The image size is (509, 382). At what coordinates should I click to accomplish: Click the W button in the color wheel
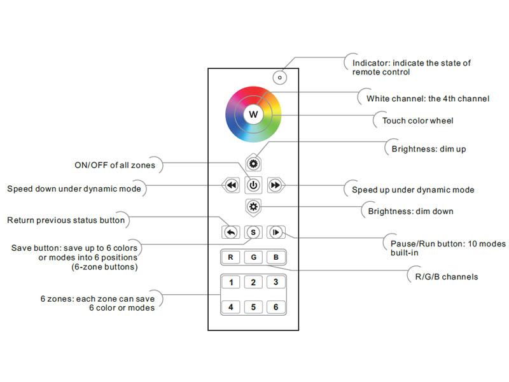253,115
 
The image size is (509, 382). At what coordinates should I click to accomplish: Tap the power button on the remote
253,185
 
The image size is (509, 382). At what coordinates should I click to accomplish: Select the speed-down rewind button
230,185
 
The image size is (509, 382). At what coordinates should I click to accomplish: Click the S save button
253,232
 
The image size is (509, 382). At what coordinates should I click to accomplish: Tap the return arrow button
230,232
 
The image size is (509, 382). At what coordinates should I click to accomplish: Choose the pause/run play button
275,232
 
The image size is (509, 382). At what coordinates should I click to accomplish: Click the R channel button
230,258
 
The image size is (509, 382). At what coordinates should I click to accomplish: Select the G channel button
253,258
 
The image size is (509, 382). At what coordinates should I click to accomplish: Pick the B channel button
275,258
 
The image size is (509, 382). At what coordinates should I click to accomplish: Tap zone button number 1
230,283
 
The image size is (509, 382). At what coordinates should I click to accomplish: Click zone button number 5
253,307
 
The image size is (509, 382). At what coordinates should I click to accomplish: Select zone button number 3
275,283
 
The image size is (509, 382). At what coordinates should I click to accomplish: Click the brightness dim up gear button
253,164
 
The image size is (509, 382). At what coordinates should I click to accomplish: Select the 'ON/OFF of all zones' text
115,166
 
